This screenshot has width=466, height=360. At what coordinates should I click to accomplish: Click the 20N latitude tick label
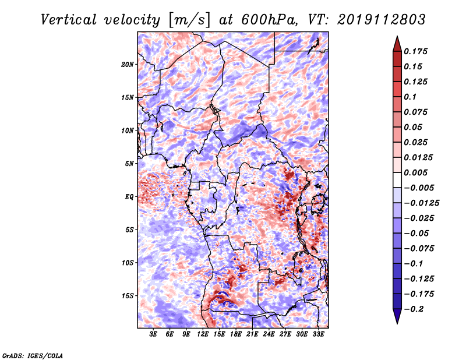128,65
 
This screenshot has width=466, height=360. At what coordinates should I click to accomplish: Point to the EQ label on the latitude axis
129,197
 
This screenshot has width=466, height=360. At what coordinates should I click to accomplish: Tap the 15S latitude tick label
128,296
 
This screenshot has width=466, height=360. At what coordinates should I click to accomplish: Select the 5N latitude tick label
129,164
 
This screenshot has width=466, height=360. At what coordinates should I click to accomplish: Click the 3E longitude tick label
153,334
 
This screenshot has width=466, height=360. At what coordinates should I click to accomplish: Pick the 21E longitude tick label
252,334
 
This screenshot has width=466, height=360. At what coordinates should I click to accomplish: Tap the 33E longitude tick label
318,334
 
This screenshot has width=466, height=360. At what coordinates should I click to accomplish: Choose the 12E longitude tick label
203,334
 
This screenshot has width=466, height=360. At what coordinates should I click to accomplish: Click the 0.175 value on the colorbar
415,51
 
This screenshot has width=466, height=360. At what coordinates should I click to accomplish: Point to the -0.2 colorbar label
414,309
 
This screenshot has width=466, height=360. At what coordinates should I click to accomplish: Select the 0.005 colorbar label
415,172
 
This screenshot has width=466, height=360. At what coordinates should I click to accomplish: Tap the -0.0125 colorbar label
421,203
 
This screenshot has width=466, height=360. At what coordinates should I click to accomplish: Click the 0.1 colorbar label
410,97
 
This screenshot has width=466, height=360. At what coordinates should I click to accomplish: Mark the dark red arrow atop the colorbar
397,44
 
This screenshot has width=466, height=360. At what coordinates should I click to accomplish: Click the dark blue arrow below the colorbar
397,316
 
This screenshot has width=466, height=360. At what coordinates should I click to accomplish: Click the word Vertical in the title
69,20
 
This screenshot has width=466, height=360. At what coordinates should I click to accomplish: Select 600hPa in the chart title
269,20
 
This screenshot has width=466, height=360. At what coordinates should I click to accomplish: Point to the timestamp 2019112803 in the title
382,20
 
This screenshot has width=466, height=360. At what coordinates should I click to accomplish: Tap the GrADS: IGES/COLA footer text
33,356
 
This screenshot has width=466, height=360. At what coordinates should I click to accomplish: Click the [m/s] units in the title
189,20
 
